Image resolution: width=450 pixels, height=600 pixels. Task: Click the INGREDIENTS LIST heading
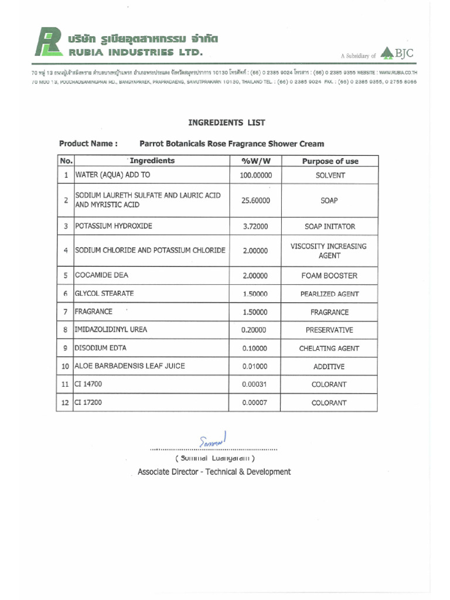click(x=226, y=122)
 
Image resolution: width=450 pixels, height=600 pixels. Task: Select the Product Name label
click(x=88, y=144)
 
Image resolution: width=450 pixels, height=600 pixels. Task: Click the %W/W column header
click(x=255, y=161)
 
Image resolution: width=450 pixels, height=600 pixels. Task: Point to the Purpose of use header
click(x=330, y=161)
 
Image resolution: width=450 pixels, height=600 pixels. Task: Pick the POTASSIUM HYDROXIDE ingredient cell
click(x=114, y=226)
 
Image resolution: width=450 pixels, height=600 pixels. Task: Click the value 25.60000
click(x=255, y=200)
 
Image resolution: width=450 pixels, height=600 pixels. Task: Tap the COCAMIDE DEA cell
click(x=101, y=275)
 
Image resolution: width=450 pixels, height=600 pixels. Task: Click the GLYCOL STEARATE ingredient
click(x=104, y=293)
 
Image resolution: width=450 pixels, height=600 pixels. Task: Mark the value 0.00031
click(x=255, y=384)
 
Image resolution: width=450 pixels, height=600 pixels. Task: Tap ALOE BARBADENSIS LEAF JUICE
click(x=129, y=366)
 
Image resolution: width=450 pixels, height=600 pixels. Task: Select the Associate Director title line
click(x=214, y=472)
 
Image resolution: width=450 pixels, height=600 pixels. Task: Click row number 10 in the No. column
click(x=65, y=367)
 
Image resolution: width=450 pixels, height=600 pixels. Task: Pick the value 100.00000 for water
click(x=255, y=175)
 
